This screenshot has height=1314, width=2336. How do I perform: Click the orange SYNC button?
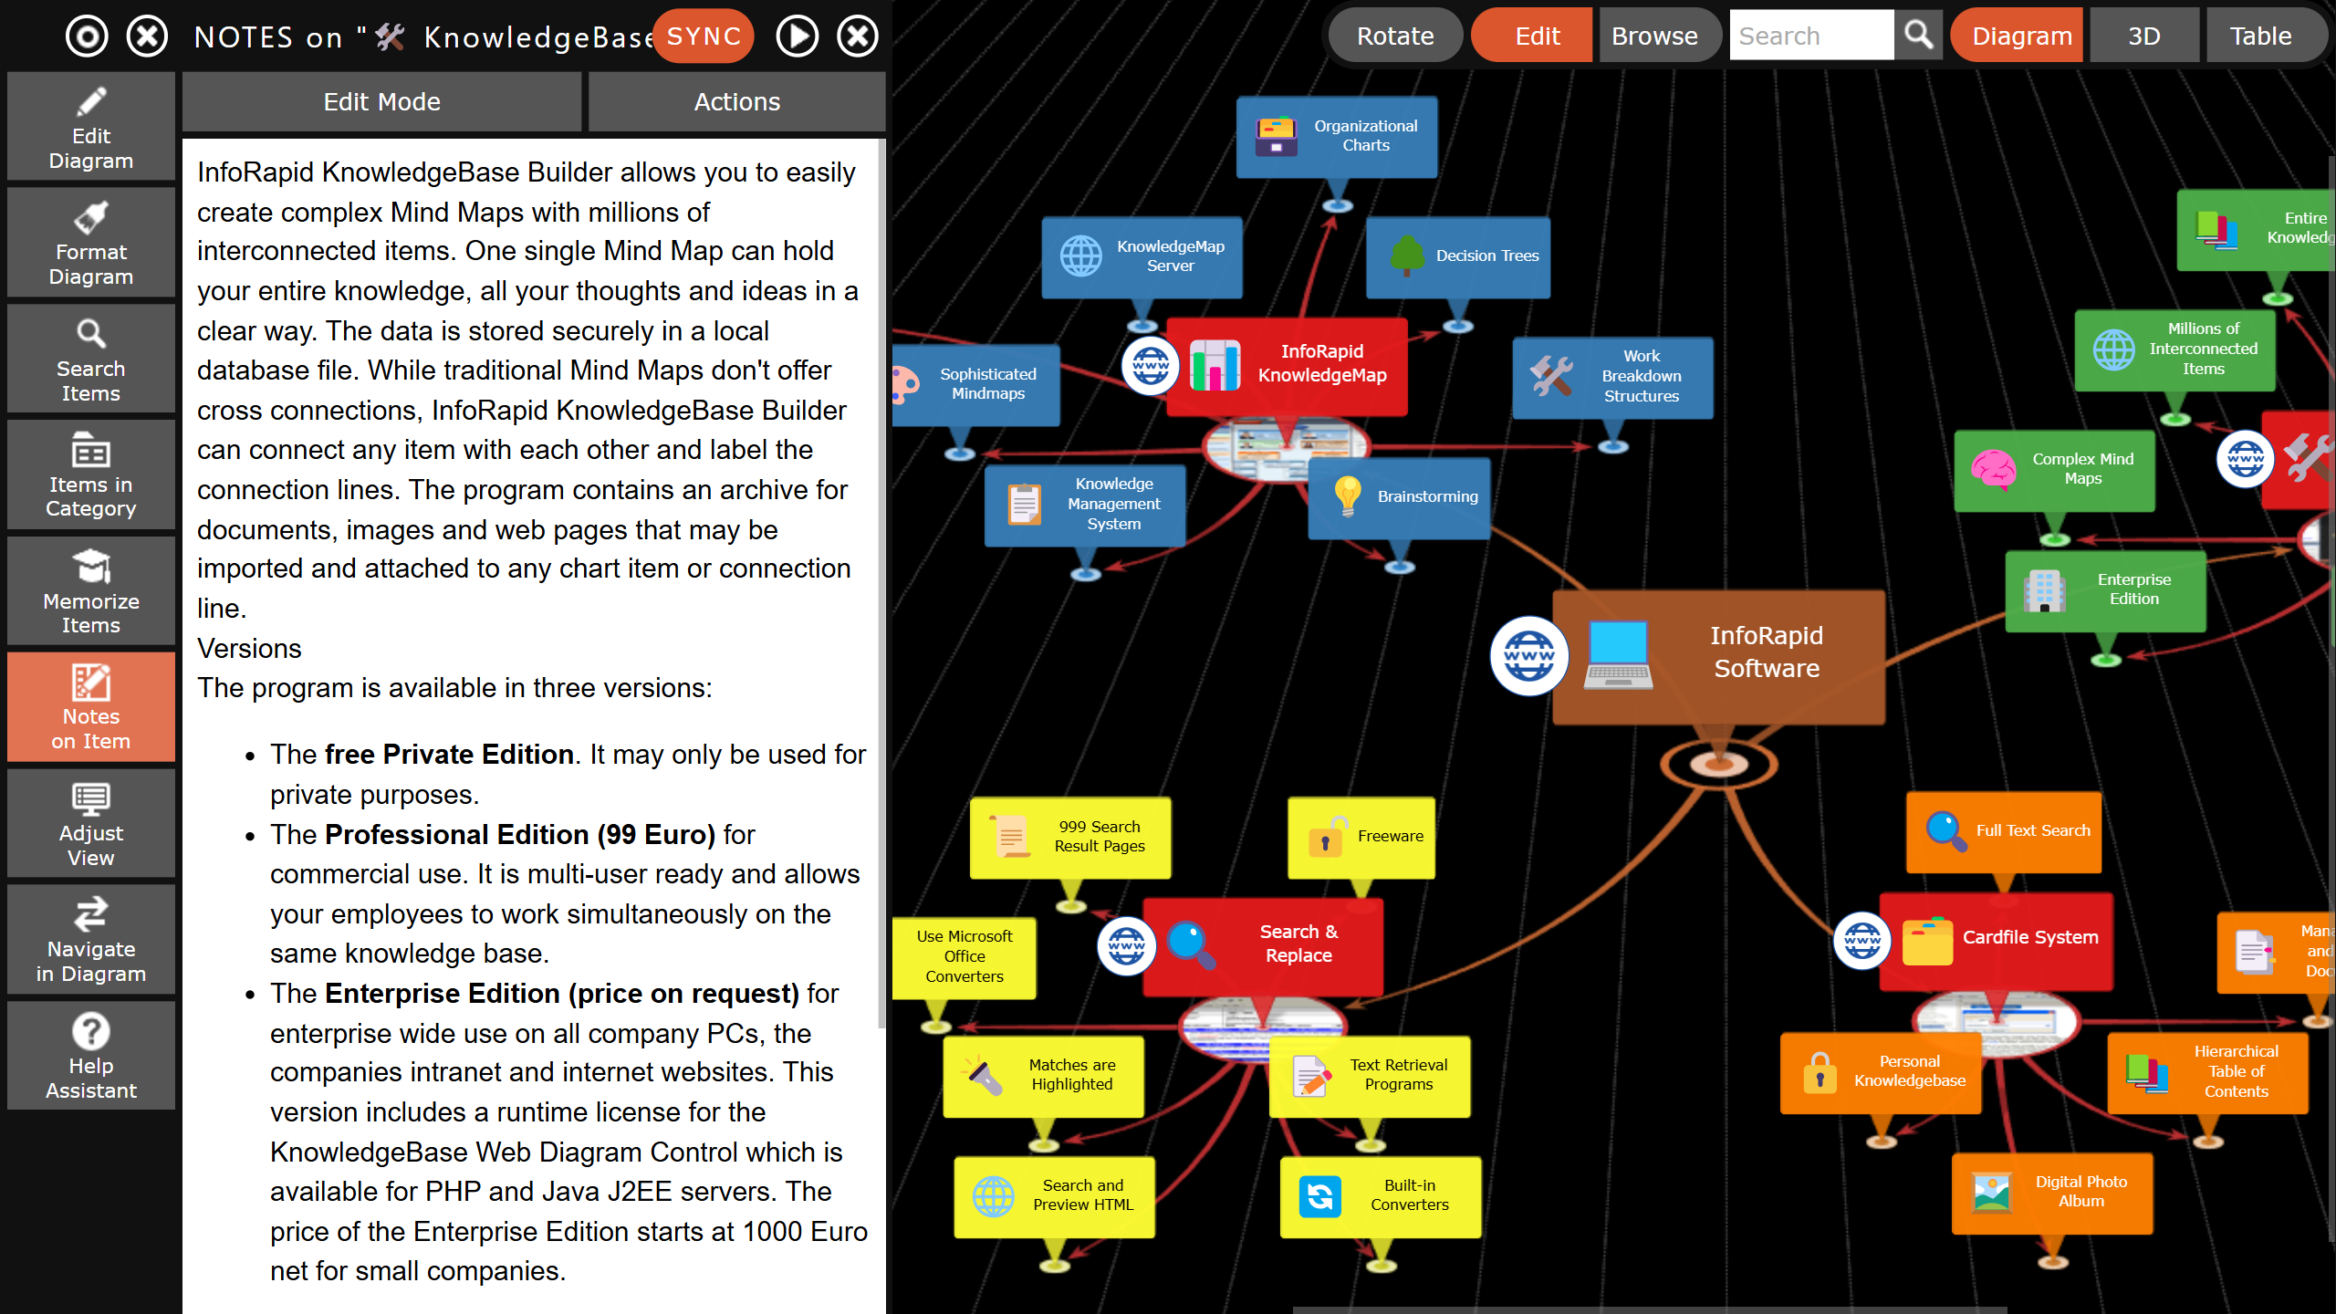click(x=704, y=36)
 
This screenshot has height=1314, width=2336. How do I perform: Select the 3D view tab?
click(x=2143, y=36)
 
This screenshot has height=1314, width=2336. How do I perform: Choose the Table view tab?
click(x=2261, y=36)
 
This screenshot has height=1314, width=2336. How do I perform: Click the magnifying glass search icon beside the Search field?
click(x=1919, y=36)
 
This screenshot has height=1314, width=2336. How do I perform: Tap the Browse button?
click(x=1654, y=36)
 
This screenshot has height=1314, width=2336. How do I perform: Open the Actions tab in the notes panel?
click(x=737, y=101)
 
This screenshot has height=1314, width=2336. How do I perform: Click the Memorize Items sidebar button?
click(x=91, y=590)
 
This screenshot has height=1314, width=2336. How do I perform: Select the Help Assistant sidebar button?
click(x=91, y=1056)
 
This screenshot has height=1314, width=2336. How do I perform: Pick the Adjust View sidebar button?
click(x=91, y=823)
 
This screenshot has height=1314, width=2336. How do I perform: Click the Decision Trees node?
click(x=1458, y=256)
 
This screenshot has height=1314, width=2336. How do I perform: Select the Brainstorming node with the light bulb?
click(x=1400, y=497)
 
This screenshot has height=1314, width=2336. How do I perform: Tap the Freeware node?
click(x=1361, y=837)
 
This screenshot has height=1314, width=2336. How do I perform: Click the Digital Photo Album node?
click(x=2052, y=1193)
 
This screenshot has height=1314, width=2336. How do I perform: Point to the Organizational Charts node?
click(x=1337, y=137)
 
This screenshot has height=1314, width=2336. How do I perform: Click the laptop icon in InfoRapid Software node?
click(x=1618, y=655)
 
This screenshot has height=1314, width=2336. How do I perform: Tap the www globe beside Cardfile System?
click(x=1862, y=941)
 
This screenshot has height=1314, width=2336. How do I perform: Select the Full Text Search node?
click(x=2004, y=831)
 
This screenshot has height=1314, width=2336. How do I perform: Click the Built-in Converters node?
click(x=1381, y=1196)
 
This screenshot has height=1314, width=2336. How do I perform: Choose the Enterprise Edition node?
click(x=2106, y=590)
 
